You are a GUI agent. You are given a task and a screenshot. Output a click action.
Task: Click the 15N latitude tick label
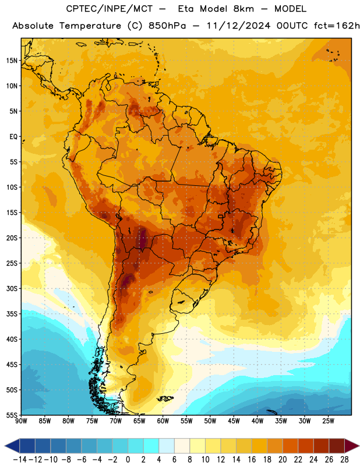coord(12,61)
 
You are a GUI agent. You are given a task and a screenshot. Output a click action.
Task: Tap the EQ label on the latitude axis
coord(13,137)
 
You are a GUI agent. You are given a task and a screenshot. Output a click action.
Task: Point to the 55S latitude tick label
coord(12,415)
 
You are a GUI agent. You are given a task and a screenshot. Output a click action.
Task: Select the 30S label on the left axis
coord(12,288)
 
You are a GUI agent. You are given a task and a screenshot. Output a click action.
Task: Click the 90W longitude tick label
coord(21,421)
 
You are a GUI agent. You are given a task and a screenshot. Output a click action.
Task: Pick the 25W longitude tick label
coord(328,421)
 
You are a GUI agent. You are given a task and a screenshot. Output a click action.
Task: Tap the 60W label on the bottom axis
coord(163,421)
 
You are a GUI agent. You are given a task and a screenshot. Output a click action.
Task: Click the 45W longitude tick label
coord(234,421)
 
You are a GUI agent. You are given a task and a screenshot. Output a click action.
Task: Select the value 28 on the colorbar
coord(344,460)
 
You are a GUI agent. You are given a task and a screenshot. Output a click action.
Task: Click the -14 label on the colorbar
coord(20,460)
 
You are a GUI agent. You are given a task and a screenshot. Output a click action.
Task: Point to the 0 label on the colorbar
coord(128,460)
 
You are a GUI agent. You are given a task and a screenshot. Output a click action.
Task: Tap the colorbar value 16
coord(252,460)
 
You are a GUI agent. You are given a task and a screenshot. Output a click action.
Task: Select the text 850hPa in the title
coord(167,26)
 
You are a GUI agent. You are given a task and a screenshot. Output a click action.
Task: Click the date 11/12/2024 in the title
coord(238,26)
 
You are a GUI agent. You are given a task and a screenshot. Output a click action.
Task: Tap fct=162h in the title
coord(337,26)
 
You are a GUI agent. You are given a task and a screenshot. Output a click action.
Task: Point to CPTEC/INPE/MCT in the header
coord(109,9)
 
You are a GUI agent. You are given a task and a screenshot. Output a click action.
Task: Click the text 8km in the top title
coord(243,9)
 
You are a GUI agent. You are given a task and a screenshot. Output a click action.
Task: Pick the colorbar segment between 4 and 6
coord(167,446)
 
